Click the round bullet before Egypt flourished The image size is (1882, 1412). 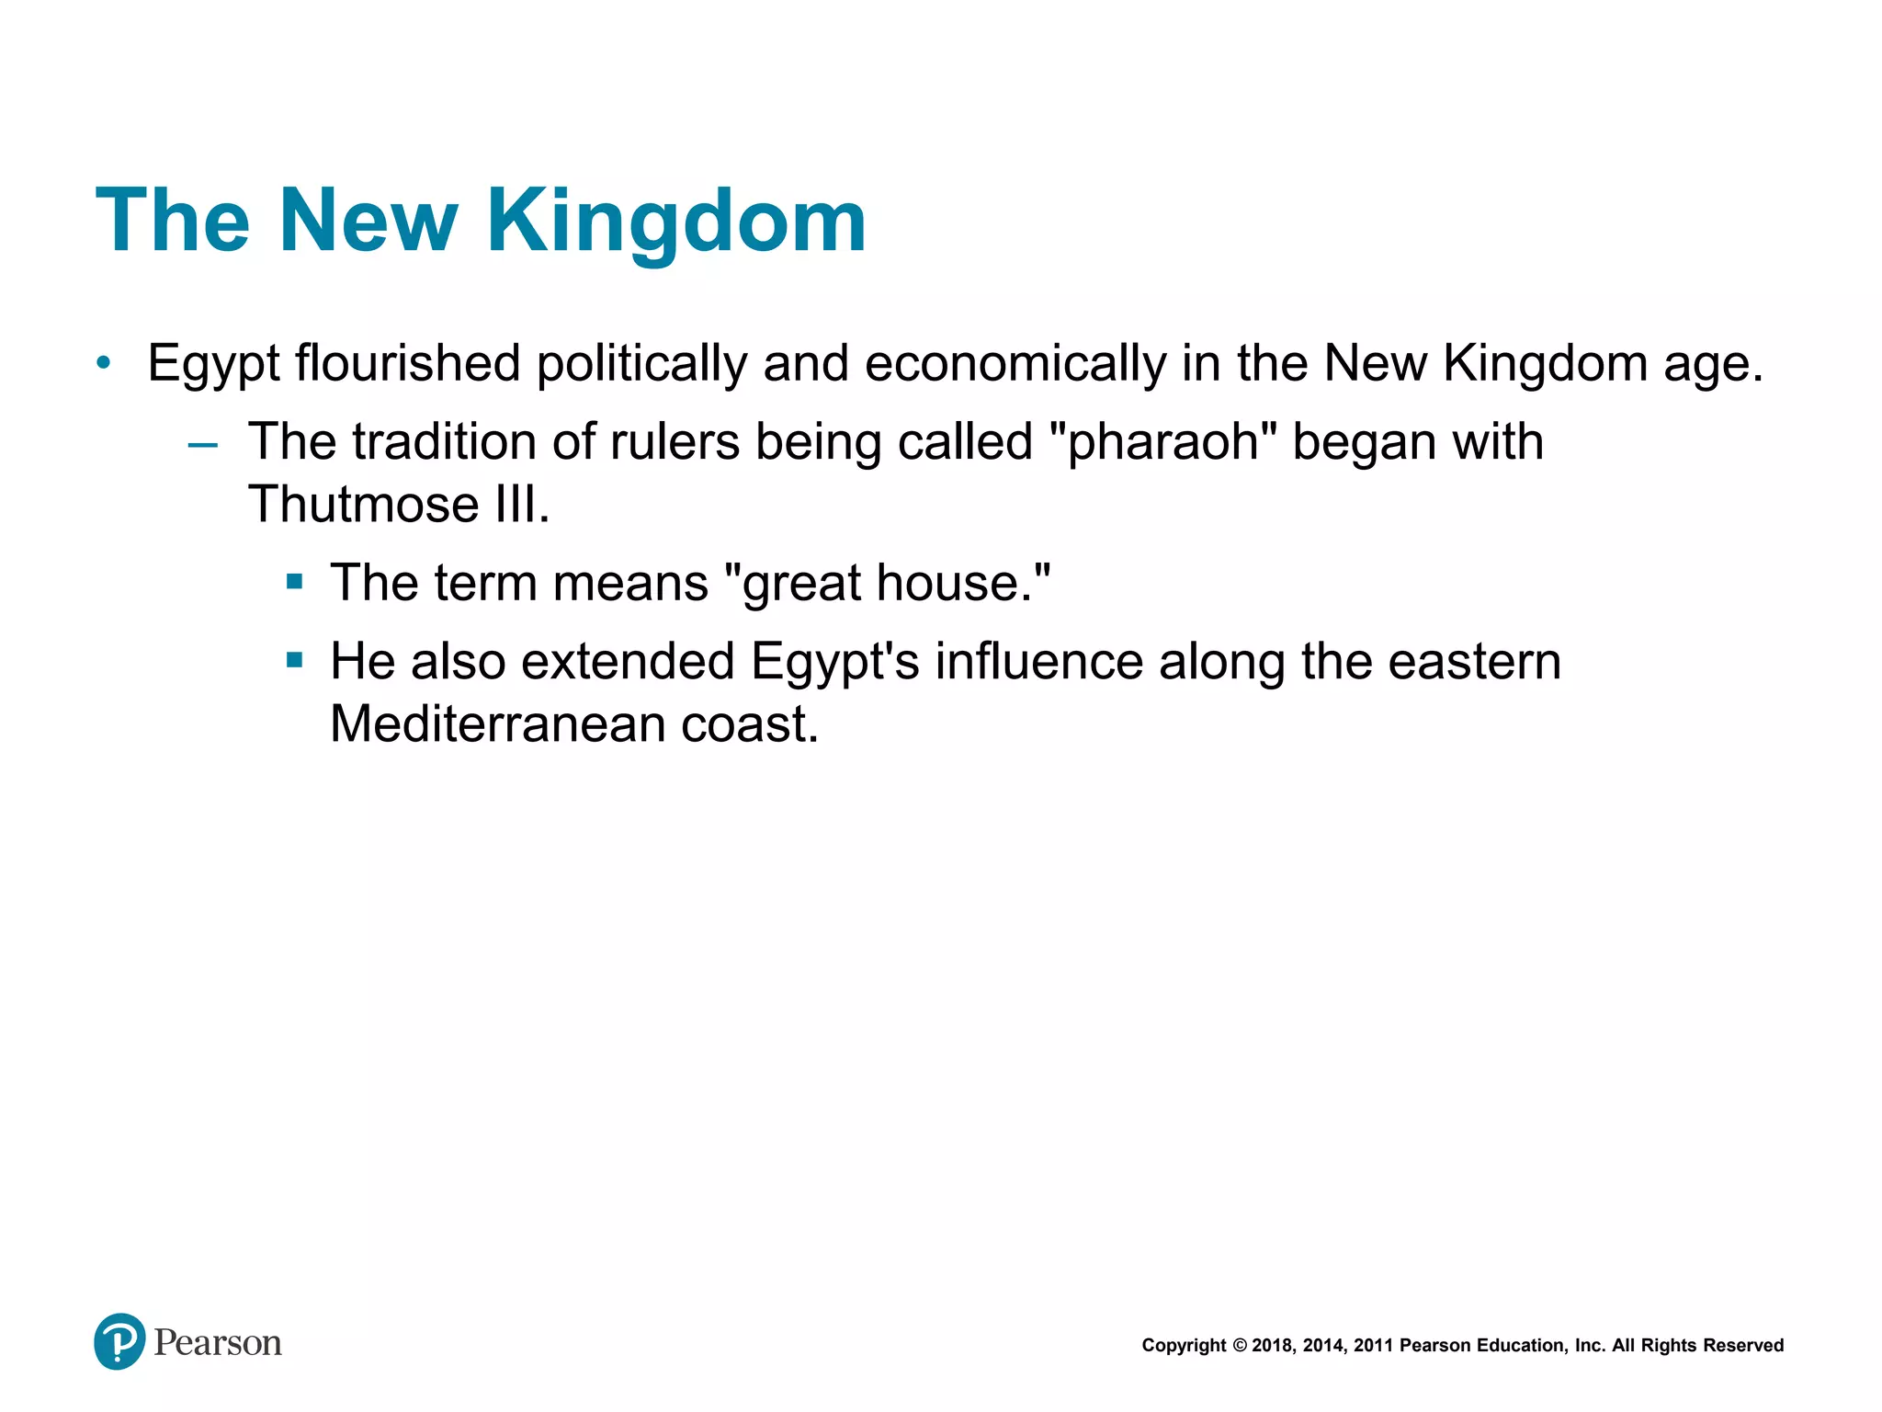[x=104, y=363]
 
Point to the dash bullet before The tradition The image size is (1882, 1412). [x=202, y=446]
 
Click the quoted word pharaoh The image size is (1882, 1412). [x=1162, y=443]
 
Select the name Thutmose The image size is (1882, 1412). [x=364, y=505]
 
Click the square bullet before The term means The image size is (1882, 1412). [x=294, y=581]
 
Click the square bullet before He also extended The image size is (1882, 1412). [x=294, y=660]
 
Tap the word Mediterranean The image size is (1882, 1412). [x=497, y=724]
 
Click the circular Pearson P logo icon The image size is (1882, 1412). [x=119, y=1341]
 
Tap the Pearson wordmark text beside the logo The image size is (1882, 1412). [x=218, y=1343]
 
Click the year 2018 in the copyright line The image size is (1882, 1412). [x=1272, y=1346]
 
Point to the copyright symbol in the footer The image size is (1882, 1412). [x=1240, y=1346]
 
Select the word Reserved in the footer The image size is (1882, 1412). [x=1743, y=1346]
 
